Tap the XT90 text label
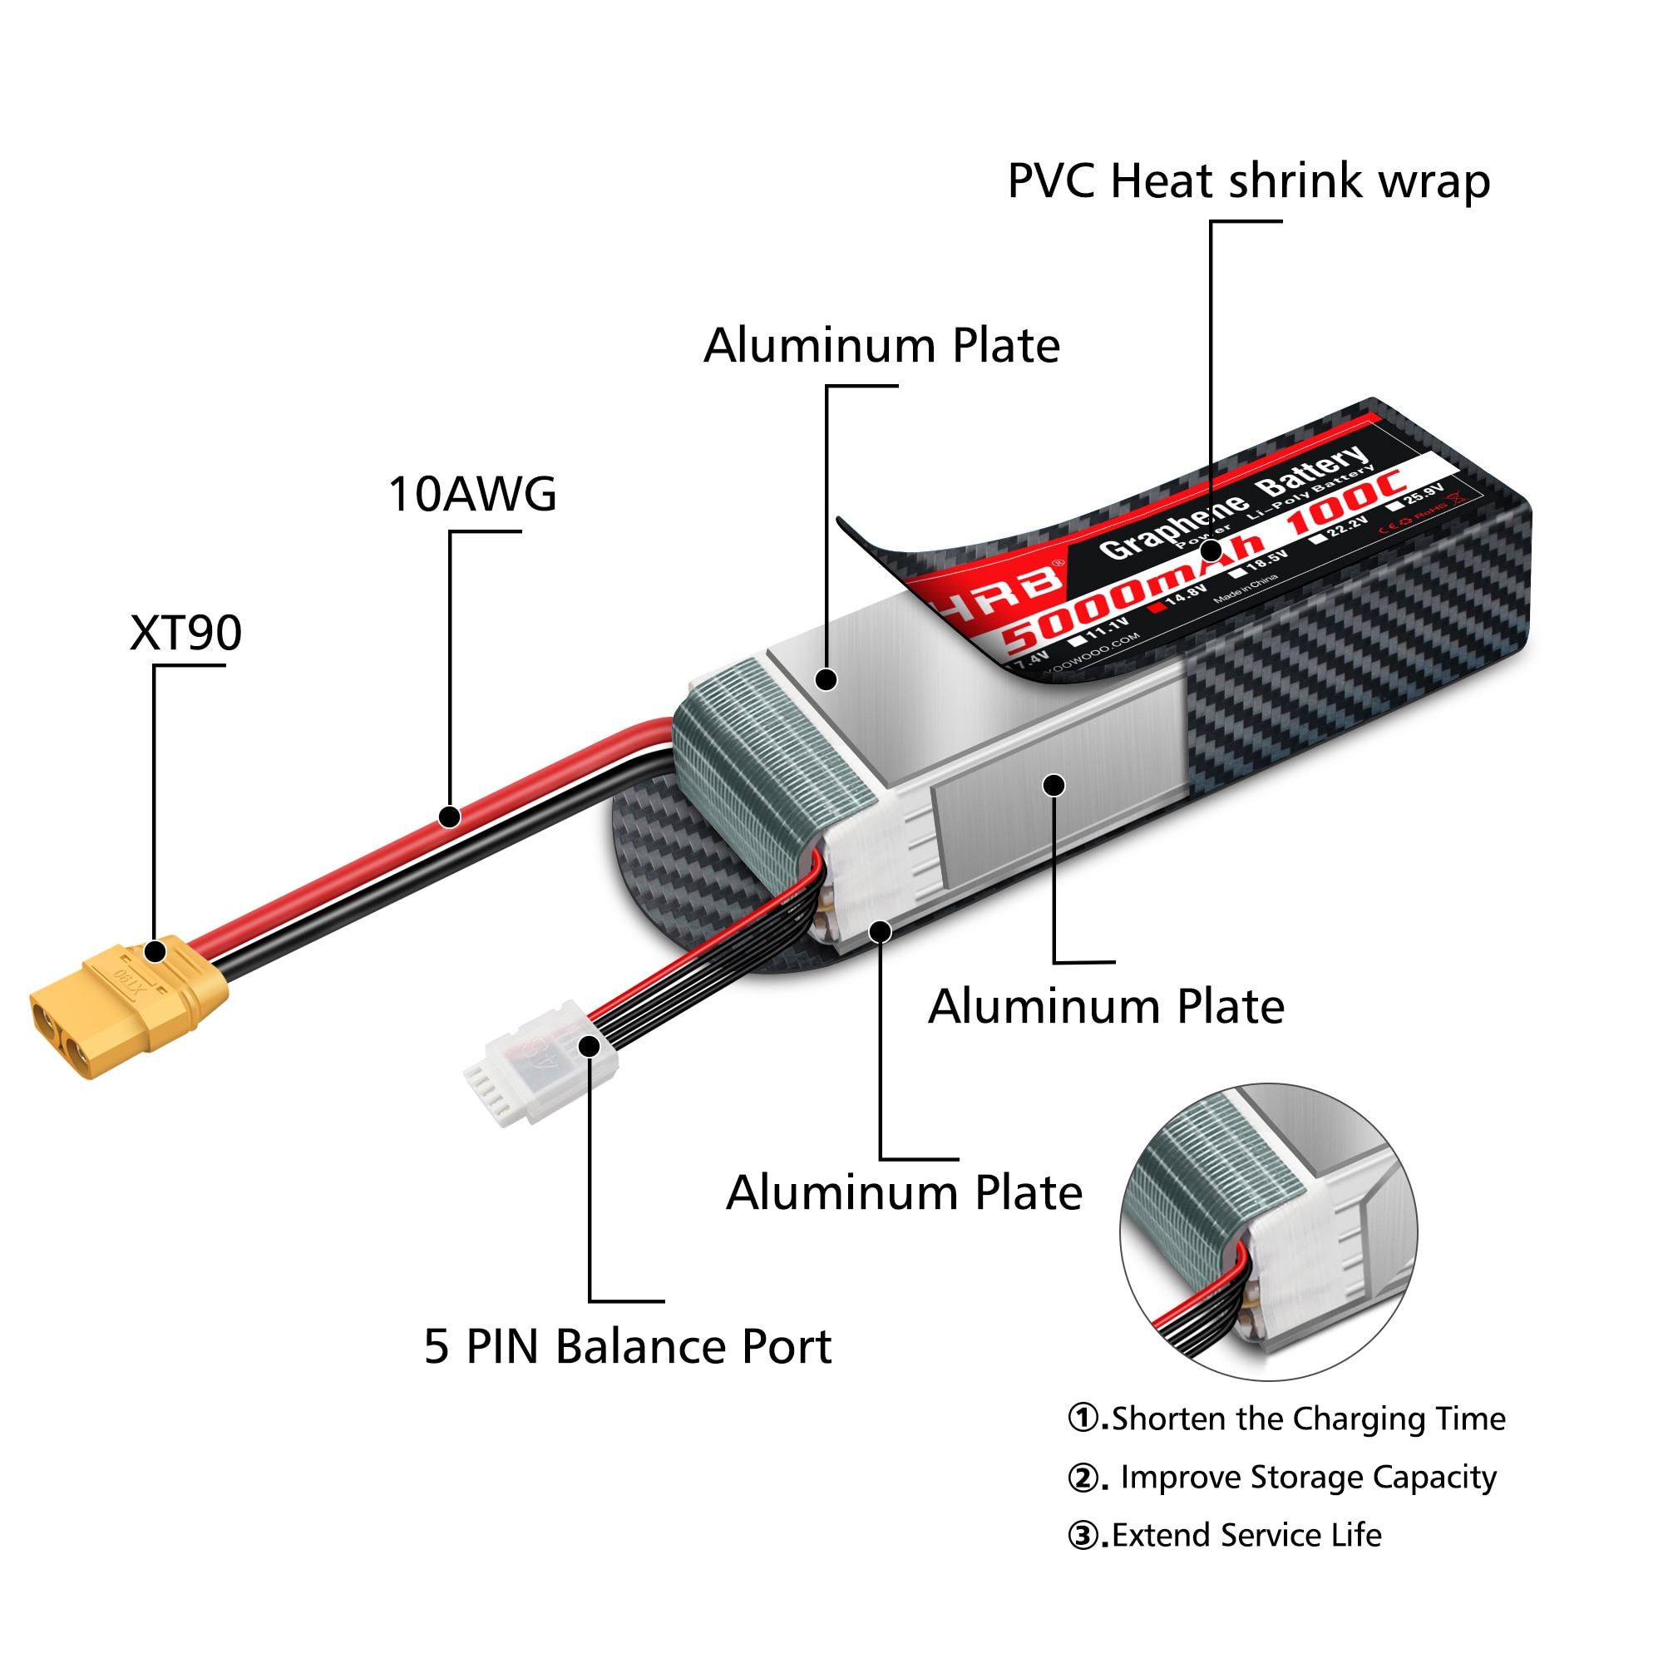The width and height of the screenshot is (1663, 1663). (186, 633)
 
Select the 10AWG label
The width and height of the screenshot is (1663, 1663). (472, 494)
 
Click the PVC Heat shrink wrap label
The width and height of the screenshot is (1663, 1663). (1248, 180)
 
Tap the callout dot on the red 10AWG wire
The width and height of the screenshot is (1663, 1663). (449, 816)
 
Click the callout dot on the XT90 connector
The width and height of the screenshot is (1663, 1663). (155, 952)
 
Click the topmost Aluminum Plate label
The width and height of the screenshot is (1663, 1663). (881, 346)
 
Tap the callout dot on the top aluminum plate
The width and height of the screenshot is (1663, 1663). (827, 679)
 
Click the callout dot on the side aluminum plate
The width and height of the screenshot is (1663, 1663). (1054, 785)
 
